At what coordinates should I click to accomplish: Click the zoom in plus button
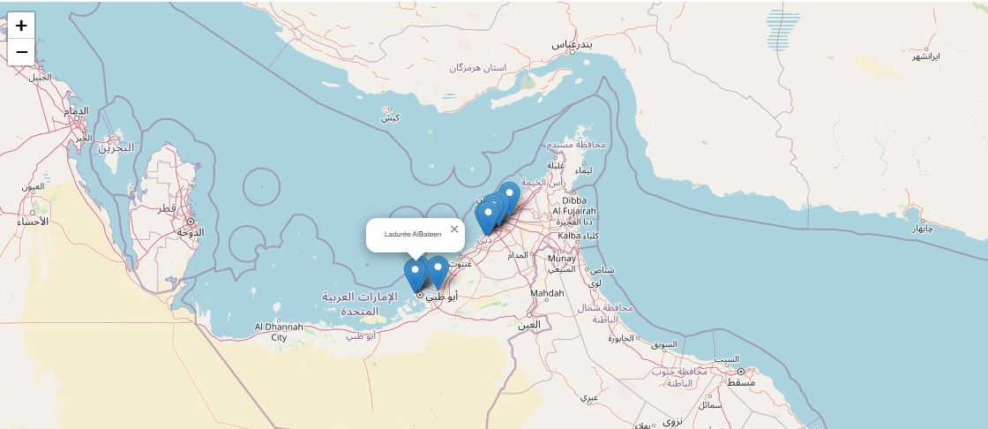coord(21,26)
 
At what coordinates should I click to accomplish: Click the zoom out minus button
coord(21,52)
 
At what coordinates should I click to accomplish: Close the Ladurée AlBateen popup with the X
coord(454,230)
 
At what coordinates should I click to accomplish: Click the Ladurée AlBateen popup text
coord(413,234)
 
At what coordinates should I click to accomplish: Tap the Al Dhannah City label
coord(279,332)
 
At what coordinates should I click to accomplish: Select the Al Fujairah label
coord(574,212)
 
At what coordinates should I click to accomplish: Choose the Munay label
coord(562,259)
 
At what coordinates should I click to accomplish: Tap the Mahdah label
coord(547,294)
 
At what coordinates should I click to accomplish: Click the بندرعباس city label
coord(572,43)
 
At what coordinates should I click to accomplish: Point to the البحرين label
coord(115,147)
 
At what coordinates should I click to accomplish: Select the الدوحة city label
coord(191,232)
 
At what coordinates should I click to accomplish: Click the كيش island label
coord(390,117)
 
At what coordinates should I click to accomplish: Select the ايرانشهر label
coord(926,56)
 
